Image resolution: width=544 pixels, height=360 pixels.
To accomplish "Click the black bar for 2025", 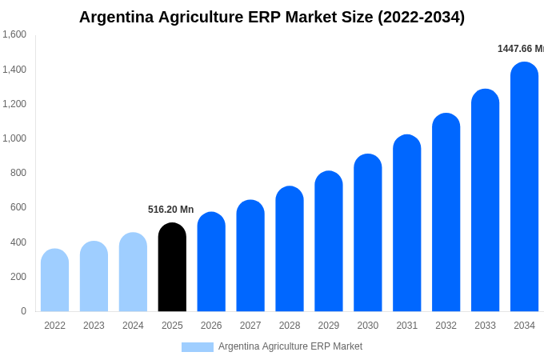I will (x=172, y=267).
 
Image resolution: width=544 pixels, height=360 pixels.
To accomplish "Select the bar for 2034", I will (x=524, y=187).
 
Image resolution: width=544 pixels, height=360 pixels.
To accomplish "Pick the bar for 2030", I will (x=368, y=233).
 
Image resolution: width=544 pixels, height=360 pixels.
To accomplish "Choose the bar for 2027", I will (x=250, y=256).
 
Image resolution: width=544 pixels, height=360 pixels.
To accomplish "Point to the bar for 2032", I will (x=446, y=213).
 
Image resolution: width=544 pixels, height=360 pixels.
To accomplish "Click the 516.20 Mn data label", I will (x=170, y=210).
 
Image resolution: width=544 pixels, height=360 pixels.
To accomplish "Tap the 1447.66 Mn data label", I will (x=520, y=49).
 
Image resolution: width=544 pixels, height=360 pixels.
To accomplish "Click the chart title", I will (x=272, y=17).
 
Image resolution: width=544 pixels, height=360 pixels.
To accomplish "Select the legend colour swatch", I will (x=198, y=347).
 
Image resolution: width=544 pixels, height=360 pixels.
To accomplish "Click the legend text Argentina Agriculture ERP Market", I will (x=290, y=346).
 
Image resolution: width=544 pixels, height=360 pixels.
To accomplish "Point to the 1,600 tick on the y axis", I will (x=14, y=34).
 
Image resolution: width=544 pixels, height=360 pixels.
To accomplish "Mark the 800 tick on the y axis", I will (x=18, y=173).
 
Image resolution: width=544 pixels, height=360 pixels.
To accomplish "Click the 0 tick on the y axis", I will (x=23, y=311).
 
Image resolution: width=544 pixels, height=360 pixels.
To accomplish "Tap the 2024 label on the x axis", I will (x=133, y=326).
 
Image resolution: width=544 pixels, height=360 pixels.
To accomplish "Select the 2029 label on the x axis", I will (x=329, y=326).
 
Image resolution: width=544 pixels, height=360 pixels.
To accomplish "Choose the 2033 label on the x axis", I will (x=485, y=326).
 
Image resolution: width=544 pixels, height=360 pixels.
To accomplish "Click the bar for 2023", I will (x=94, y=277).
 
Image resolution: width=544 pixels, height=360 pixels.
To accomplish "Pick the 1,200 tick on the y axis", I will (x=14, y=104).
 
